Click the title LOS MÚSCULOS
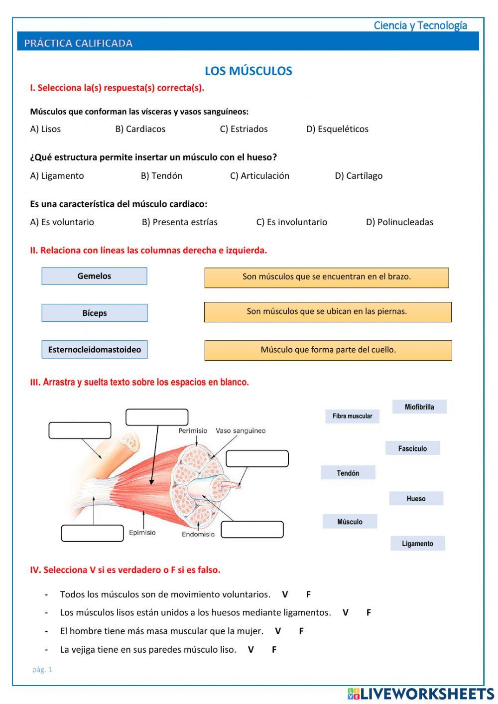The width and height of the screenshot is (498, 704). (x=248, y=71)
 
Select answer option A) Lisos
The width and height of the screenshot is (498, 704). (x=45, y=129)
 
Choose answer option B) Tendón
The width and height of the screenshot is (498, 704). (x=161, y=176)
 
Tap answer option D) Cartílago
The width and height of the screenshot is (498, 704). (x=359, y=176)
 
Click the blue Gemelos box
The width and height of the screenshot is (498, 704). (x=94, y=276)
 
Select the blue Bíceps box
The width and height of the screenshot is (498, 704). (x=94, y=313)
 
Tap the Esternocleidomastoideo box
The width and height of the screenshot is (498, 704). (x=94, y=350)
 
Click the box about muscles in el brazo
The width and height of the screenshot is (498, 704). (x=326, y=278)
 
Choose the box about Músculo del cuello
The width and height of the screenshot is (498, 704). (x=328, y=350)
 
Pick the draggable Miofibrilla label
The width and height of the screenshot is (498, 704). (x=419, y=407)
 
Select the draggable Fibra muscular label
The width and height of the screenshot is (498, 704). (x=352, y=416)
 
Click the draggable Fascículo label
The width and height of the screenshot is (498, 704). (x=412, y=448)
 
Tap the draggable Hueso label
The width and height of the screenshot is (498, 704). (x=416, y=499)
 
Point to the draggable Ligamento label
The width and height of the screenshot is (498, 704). (x=417, y=544)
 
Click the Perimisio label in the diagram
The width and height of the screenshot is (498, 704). (x=193, y=431)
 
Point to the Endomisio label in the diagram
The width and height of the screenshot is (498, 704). (x=198, y=535)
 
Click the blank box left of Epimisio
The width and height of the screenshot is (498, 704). (x=92, y=533)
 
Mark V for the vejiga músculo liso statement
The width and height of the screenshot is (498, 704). (x=251, y=650)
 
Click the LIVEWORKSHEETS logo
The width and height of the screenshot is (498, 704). (x=421, y=694)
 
